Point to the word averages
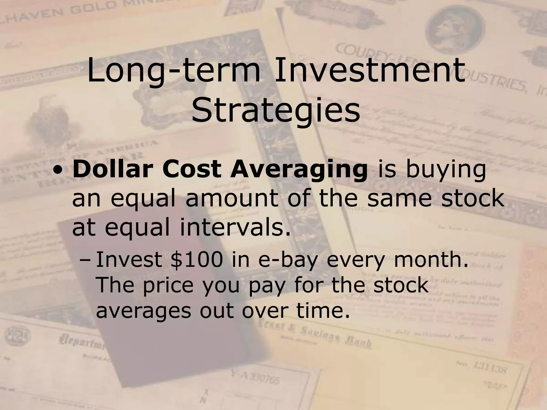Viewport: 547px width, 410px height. (x=144, y=311)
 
